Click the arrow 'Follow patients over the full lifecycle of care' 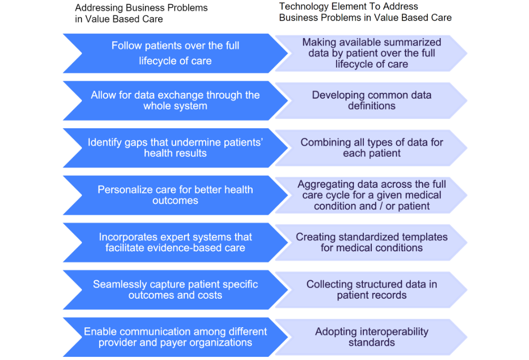point(175,53)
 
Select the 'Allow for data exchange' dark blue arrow point(175,100)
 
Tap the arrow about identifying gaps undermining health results point(175,148)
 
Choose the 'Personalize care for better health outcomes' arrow point(175,195)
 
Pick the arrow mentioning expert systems point(175,242)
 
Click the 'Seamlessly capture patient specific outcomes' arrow point(175,289)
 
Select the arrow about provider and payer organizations point(175,337)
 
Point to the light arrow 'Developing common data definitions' point(371,100)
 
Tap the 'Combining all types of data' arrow point(371,148)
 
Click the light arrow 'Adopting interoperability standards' point(371,337)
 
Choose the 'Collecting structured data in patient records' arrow point(371,289)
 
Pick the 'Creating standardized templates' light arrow point(371,242)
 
